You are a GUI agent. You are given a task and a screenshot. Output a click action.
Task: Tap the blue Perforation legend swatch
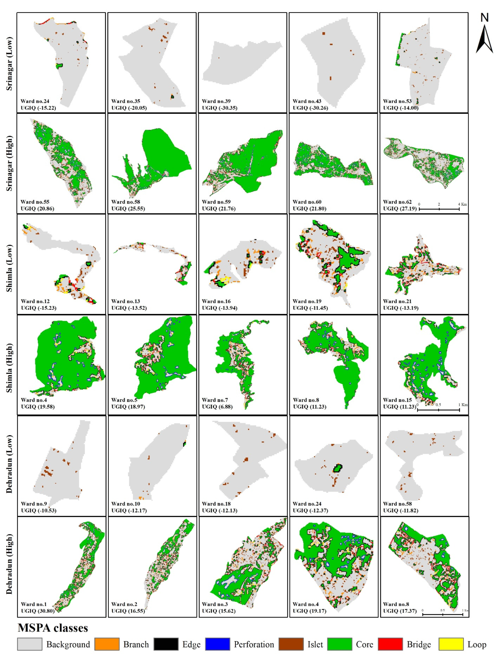click(x=217, y=644)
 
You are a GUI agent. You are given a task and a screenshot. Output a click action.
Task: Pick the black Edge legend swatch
click(x=166, y=644)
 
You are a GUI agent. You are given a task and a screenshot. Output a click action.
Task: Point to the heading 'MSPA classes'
click(x=53, y=628)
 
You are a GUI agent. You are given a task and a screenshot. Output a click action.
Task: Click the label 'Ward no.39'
click(x=216, y=101)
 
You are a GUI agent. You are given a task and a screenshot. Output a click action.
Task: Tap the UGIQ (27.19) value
click(x=400, y=208)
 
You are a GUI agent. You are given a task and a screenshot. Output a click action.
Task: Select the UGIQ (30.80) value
click(x=38, y=611)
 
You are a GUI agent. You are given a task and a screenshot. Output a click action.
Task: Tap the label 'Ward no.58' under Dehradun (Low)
click(x=397, y=504)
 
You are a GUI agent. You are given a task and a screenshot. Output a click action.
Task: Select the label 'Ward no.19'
click(x=307, y=301)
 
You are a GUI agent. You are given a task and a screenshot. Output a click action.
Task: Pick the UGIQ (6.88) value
click(x=217, y=407)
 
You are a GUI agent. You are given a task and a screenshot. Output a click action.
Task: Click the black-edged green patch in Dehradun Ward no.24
click(x=337, y=468)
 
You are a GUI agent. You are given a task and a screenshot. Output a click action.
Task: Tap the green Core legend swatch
click(x=340, y=644)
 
